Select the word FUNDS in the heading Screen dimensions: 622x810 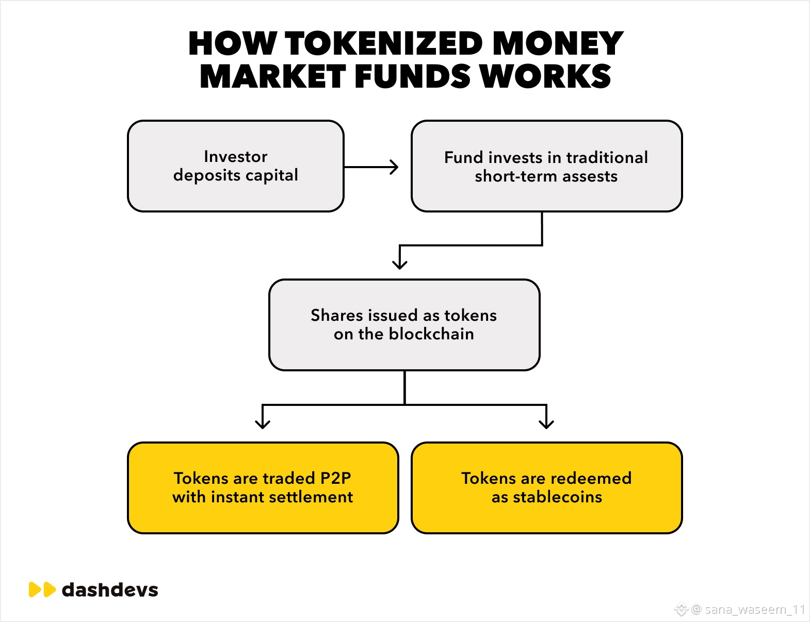[412, 77]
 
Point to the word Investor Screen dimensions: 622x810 [236, 156]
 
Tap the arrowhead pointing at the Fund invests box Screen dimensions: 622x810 [395, 167]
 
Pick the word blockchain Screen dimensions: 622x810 [431, 334]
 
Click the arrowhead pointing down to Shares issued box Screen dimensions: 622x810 [400, 264]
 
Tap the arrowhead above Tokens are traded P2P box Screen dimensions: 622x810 [263, 423]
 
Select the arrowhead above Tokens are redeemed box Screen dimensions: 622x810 [546, 423]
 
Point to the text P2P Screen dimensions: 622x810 [335, 479]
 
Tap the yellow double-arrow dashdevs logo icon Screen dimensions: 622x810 [42, 590]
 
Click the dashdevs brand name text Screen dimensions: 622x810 [110, 590]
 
